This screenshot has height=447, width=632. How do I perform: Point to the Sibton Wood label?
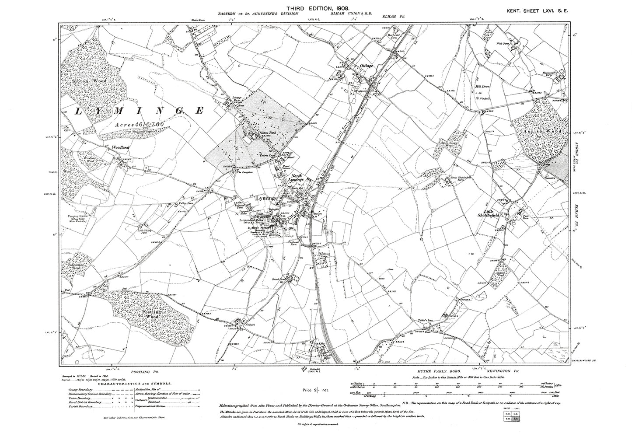tap(84, 81)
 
